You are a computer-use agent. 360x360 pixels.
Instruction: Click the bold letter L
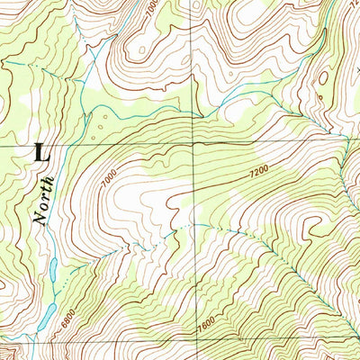(40, 152)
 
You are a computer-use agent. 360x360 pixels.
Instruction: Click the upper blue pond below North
(53, 267)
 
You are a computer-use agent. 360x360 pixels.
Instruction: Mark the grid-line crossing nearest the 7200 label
(193, 143)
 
